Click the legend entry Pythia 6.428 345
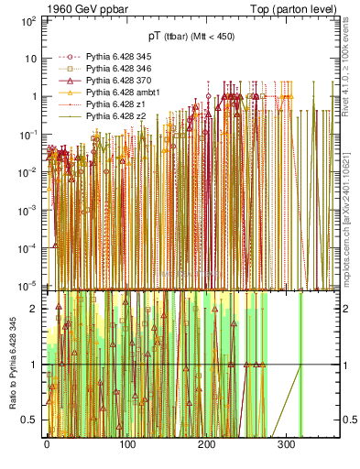[x=115, y=57]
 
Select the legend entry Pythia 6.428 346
[x=115, y=69]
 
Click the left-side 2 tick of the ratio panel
[x=35, y=309]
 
